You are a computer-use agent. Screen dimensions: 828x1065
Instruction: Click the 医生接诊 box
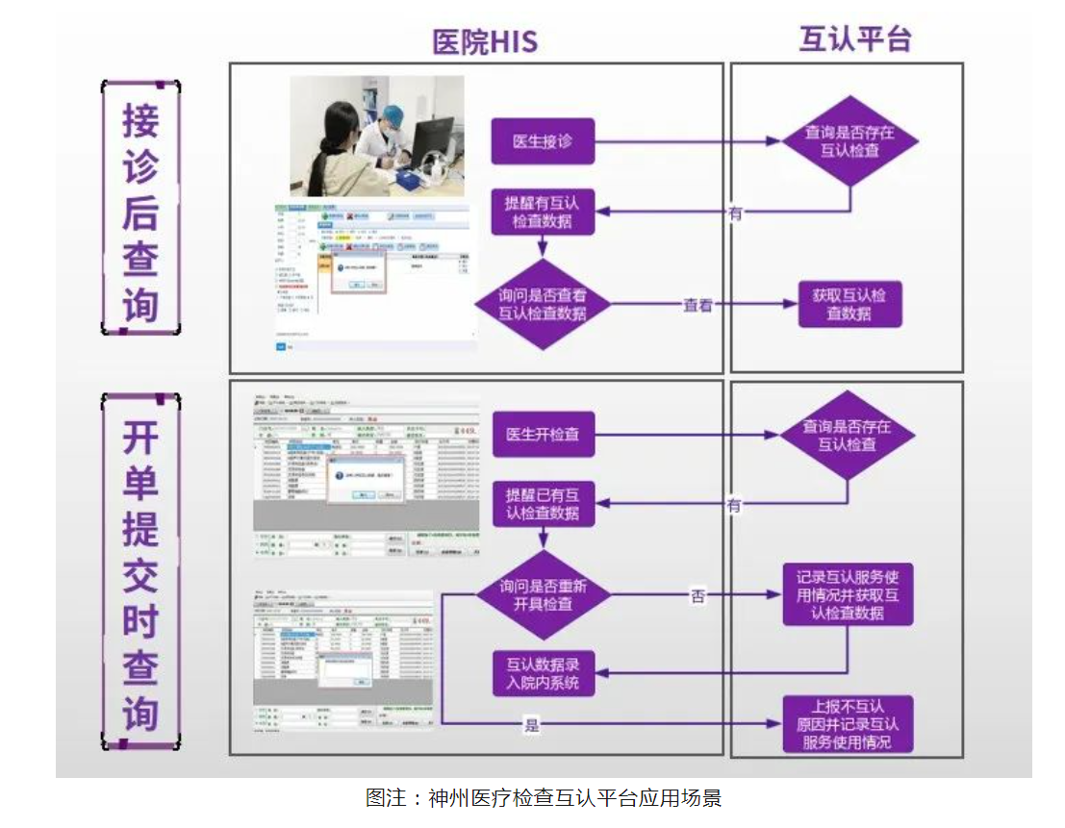543,141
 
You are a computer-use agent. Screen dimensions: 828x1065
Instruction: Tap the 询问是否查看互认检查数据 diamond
543,304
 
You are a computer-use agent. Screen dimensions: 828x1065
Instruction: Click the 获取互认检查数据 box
849,304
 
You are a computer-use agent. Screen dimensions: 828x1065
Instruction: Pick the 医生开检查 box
543,434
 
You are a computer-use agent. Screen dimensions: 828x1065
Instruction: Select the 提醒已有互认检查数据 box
543,504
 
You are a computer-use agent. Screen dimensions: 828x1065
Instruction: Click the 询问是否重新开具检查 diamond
543,595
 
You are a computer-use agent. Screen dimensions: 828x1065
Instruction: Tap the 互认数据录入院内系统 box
543,674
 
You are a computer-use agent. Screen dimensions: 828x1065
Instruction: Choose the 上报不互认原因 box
847,723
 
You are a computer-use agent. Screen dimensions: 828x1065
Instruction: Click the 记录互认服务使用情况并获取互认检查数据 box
847,595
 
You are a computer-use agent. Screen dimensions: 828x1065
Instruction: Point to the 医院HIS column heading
484,41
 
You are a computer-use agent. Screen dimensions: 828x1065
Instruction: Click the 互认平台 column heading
854,39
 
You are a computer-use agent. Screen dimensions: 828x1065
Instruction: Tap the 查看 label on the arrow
697,305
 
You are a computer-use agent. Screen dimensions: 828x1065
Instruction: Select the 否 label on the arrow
697,596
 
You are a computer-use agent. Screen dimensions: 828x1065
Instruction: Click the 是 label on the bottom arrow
531,725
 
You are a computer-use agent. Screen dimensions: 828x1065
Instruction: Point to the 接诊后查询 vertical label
140,207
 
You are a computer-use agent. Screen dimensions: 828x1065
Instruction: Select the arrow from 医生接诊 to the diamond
687,141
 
